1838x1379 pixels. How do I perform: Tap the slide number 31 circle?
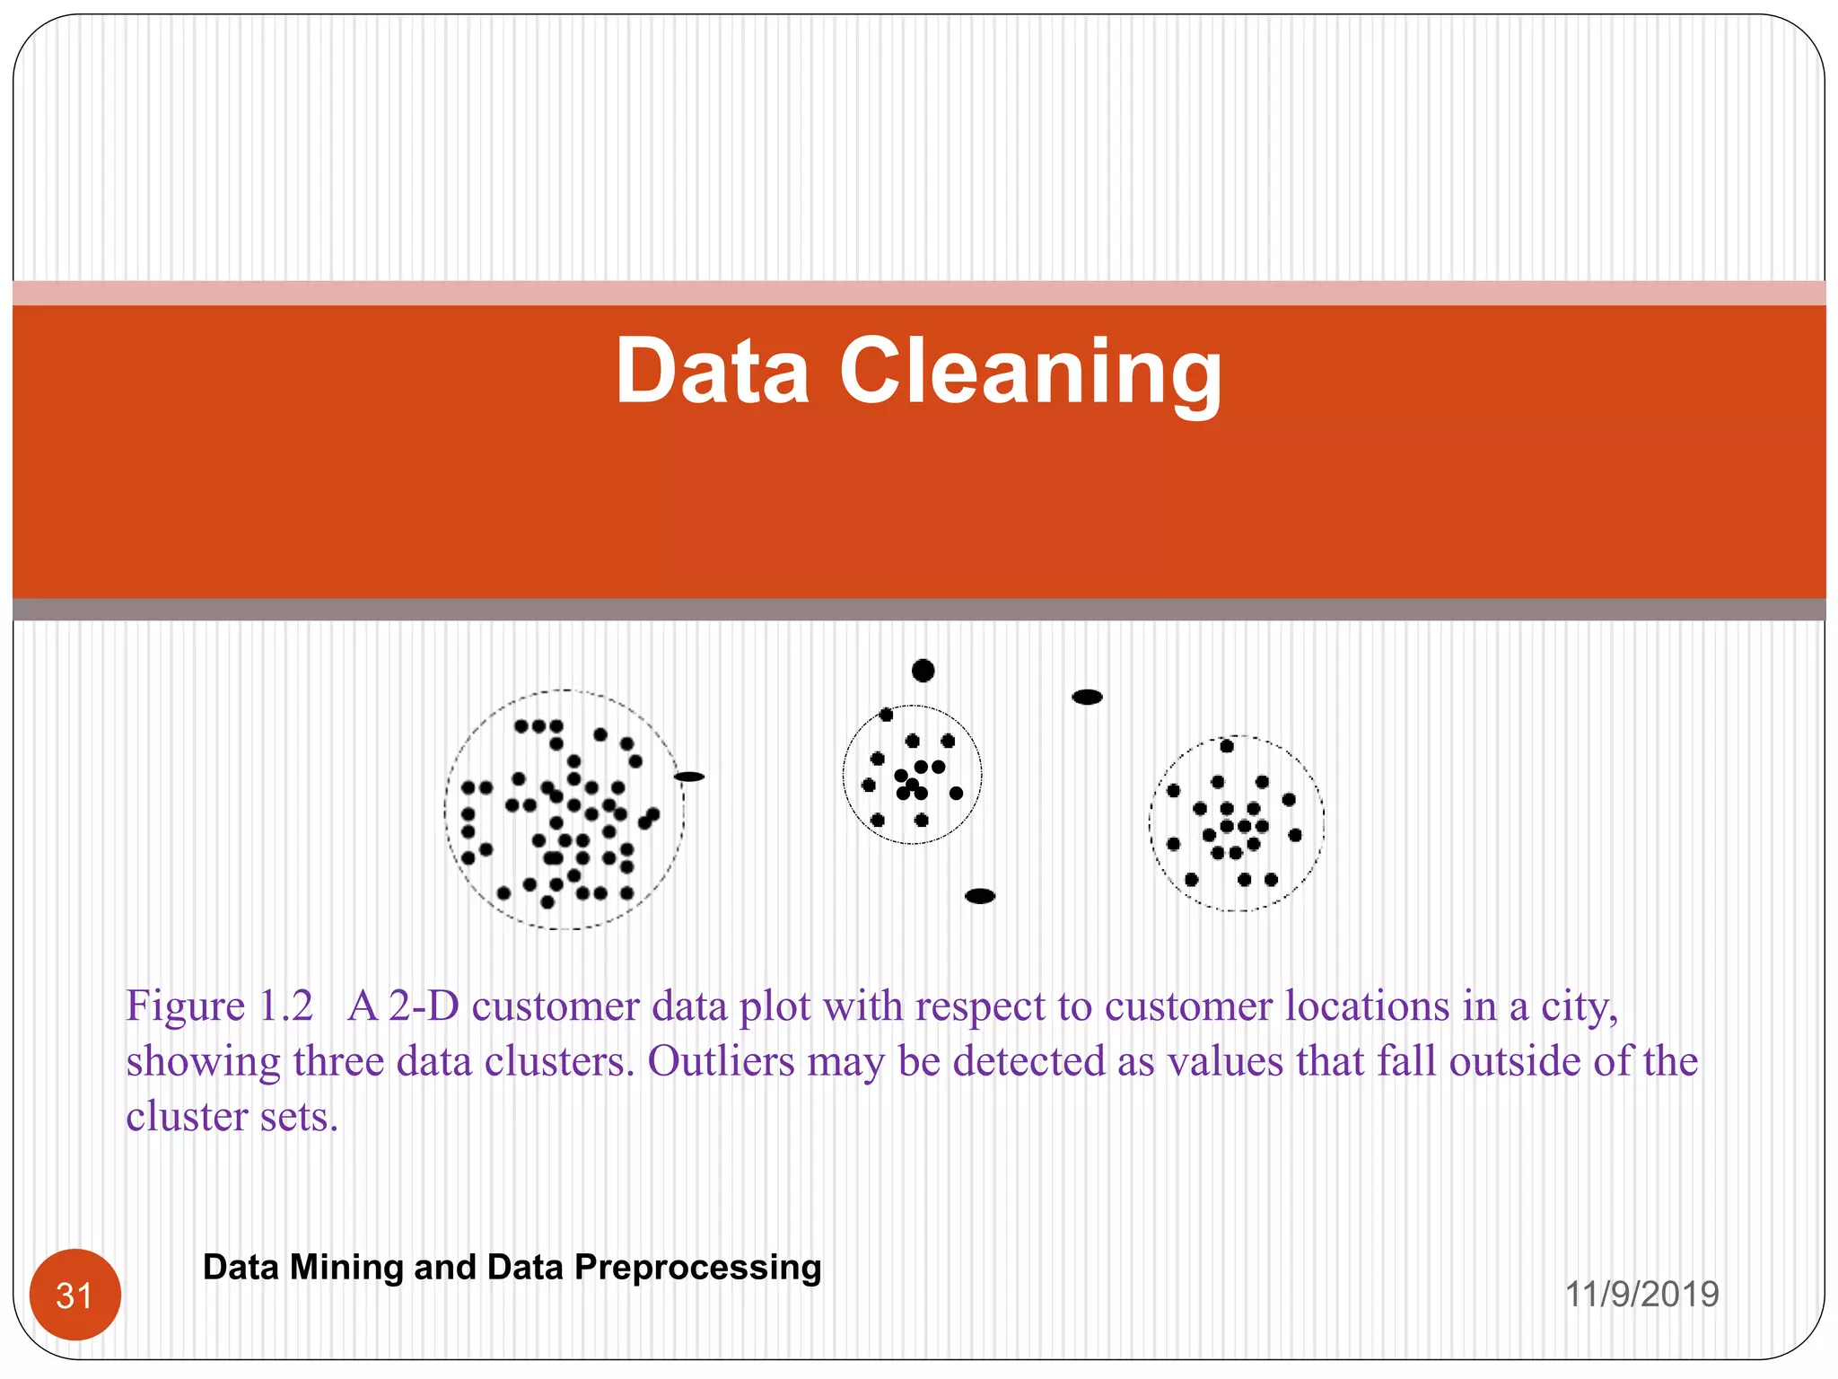click(x=75, y=1296)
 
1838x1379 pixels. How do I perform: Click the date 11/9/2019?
click(x=1641, y=1294)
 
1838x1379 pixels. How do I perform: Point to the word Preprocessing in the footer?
click(x=697, y=1267)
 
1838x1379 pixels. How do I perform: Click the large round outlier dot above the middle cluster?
click(x=923, y=671)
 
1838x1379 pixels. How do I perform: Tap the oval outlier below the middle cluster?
click(x=980, y=896)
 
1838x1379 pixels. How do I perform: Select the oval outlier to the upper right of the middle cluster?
click(x=1087, y=697)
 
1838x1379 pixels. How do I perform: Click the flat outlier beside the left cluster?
click(x=689, y=777)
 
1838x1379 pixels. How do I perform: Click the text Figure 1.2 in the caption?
click(x=220, y=1006)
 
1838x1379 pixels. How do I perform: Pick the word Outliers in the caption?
click(x=721, y=1061)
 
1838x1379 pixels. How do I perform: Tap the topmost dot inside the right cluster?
click(x=1227, y=745)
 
